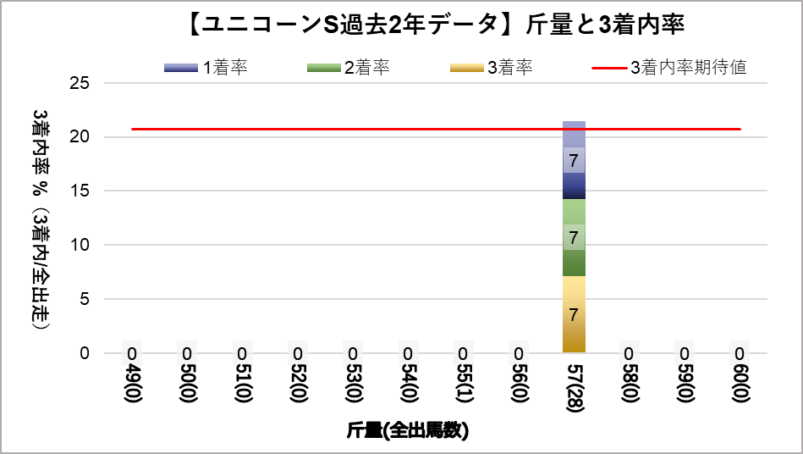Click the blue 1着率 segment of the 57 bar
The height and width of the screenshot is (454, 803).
pyautogui.click(x=574, y=160)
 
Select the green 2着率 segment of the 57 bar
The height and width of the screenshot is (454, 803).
pyautogui.click(x=574, y=237)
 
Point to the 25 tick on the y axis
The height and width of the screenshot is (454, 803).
pyautogui.click(x=80, y=83)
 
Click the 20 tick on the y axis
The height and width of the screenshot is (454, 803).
pyautogui.click(x=80, y=137)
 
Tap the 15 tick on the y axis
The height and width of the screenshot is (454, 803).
pyautogui.click(x=80, y=191)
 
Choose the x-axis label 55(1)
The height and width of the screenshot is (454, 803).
pyautogui.click(x=463, y=387)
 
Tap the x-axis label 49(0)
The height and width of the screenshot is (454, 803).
pyautogui.click(x=132, y=387)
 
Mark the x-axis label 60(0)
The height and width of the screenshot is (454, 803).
pyautogui.click(x=740, y=387)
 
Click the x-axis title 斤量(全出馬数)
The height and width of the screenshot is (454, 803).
pyautogui.click(x=407, y=430)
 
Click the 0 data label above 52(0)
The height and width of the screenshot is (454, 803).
pyautogui.click(x=298, y=353)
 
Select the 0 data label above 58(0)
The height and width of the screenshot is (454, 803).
pyautogui.click(x=629, y=353)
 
